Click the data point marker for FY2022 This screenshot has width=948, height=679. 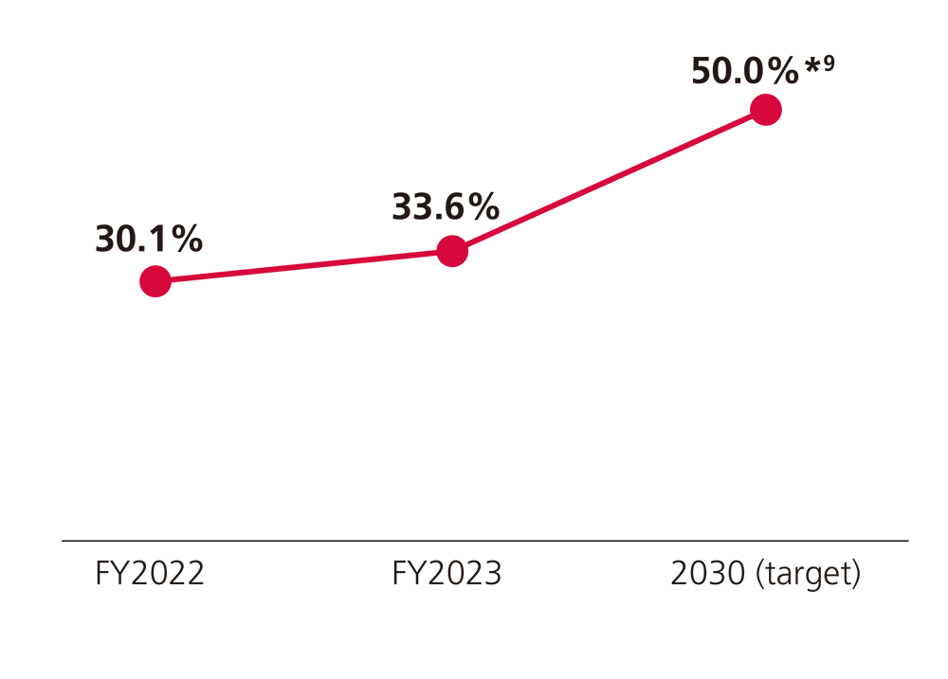(x=155, y=281)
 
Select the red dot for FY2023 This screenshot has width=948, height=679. (x=453, y=251)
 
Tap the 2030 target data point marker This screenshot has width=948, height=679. (x=766, y=110)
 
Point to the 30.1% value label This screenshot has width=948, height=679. (x=149, y=240)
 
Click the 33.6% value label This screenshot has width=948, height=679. (x=446, y=207)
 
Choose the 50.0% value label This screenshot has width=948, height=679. (x=745, y=71)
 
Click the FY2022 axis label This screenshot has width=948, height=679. (x=150, y=574)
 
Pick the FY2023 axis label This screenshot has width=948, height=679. (x=447, y=574)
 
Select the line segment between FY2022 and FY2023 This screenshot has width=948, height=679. (x=303, y=266)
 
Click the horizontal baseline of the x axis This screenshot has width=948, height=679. (x=483, y=541)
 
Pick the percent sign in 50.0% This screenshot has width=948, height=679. (x=785, y=71)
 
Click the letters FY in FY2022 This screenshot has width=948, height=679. (x=110, y=574)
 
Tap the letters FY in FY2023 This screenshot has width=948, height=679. (x=407, y=574)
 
